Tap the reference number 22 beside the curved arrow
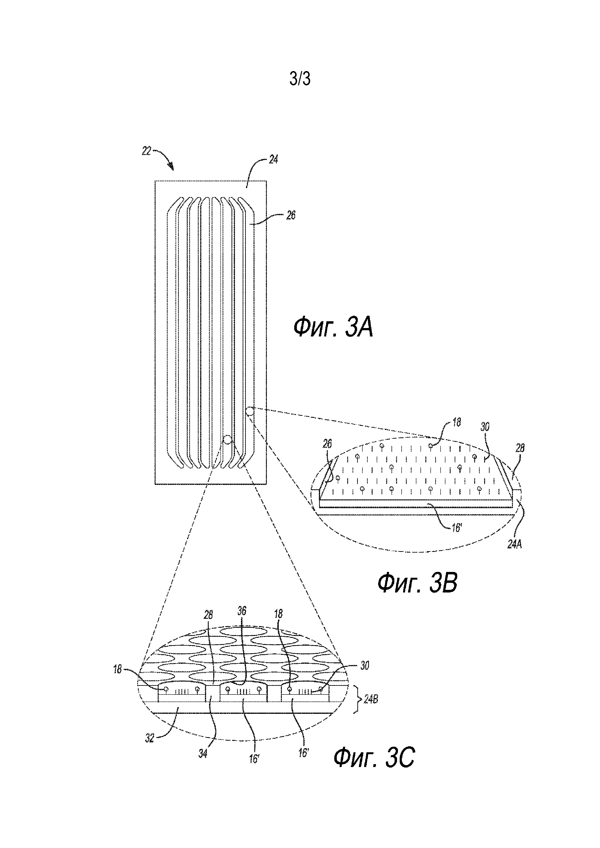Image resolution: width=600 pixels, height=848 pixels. click(146, 151)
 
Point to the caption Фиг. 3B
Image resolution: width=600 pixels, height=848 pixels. click(417, 583)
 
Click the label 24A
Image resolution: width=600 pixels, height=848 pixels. click(514, 544)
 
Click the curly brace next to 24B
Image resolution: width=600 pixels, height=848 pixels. click(357, 699)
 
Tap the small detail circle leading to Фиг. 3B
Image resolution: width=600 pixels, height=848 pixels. click(250, 411)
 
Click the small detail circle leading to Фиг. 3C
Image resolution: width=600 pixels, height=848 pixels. click(228, 439)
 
